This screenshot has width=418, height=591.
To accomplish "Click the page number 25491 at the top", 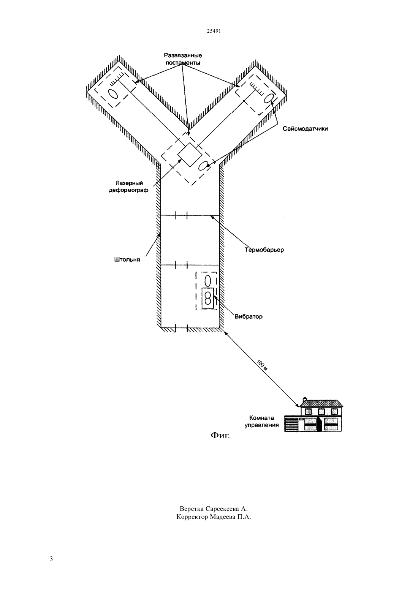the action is pyautogui.click(x=214, y=31).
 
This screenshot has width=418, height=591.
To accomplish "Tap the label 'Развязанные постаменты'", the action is pyautogui.click(x=183, y=59).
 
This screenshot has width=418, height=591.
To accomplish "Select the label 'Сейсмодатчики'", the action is pyautogui.click(x=305, y=129).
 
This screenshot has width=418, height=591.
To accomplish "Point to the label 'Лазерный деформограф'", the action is pyautogui.click(x=129, y=186).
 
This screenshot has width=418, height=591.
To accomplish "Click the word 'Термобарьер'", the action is pyautogui.click(x=264, y=250).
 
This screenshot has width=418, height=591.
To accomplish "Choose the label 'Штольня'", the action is pyautogui.click(x=127, y=260).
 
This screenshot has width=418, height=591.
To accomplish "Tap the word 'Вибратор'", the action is pyautogui.click(x=249, y=316).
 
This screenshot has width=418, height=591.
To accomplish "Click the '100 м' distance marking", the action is pyautogui.click(x=262, y=365).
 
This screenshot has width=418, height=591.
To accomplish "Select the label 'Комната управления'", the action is pyautogui.click(x=261, y=421).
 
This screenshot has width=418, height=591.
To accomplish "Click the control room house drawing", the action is pyautogui.click(x=313, y=415).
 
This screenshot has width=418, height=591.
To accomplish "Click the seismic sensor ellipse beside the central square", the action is pyautogui.click(x=203, y=166).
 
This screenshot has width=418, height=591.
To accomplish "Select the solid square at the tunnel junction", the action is pyautogui.click(x=190, y=155).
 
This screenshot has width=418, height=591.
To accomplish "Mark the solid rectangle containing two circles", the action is pyautogui.click(x=208, y=298).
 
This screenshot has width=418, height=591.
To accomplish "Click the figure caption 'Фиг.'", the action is pyautogui.click(x=220, y=436).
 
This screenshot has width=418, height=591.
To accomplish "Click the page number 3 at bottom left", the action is pyautogui.click(x=51, y=559).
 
